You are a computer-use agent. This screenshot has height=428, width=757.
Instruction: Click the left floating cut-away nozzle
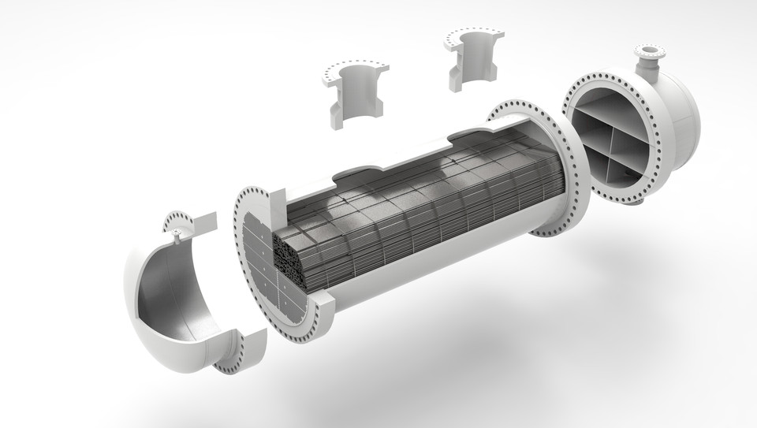coord(353,95)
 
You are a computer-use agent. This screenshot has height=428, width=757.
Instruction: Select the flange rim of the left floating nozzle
coord(355,69)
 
